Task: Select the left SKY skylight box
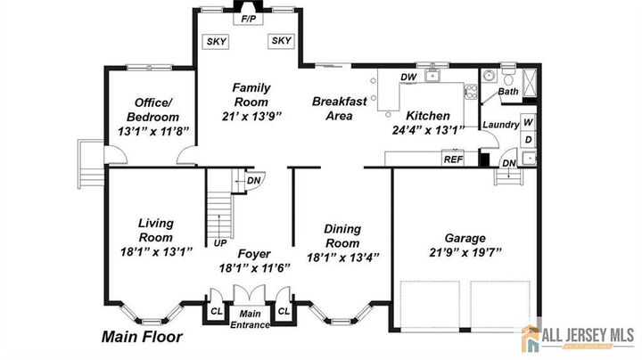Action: pos(216,41)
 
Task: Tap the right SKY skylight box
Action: pos(281,41)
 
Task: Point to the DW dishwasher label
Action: pos(409,78)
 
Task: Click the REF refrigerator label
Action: pos(454,160)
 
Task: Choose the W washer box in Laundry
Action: pos(528,122)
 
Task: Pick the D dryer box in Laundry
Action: pos(528,140)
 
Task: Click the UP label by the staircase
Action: pos(219,241)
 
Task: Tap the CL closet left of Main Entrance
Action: pos(216,311)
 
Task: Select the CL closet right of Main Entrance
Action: pos(283,311)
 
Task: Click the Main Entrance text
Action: pos(250,318)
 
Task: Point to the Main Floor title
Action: pos(142,337)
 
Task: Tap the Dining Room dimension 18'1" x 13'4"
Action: pos(342,257)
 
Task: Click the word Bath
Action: pos(507,92)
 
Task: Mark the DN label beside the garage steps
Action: pos(507,163)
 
